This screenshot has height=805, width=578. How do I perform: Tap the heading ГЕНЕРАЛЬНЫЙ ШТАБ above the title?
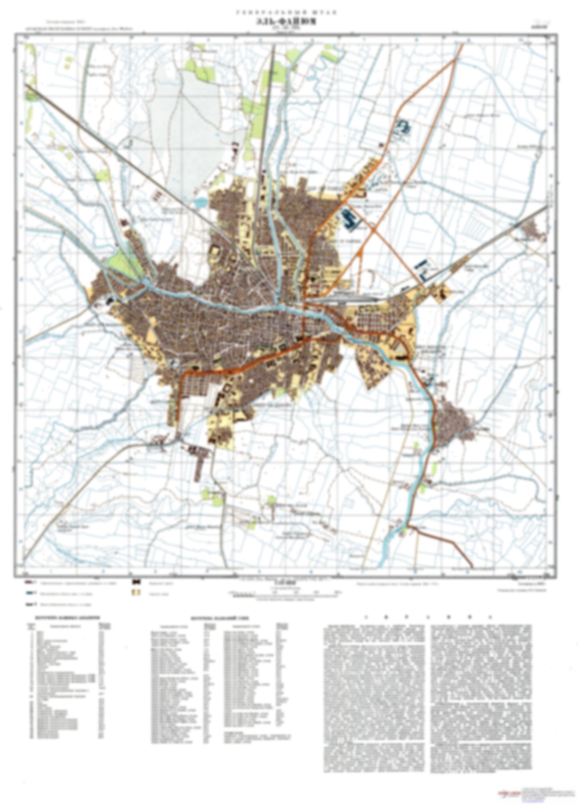click(x=286, y=13)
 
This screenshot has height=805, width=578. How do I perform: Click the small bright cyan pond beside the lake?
click(x=200, y=203)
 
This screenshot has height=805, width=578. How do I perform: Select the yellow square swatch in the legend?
click(x=137, y=592)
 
